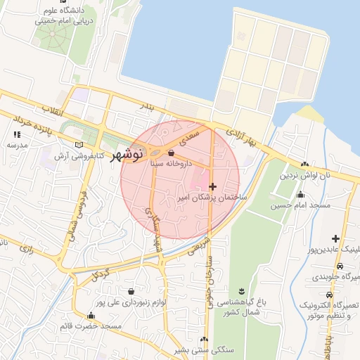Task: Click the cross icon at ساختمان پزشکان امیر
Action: (212, 186)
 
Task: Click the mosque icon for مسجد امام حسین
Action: (301, 195)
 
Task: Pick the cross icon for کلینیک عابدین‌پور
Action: (335, 238)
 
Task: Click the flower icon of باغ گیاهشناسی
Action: (242, 291)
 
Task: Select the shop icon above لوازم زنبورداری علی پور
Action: (131, 291)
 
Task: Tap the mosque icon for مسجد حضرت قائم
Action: (91, 316)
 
